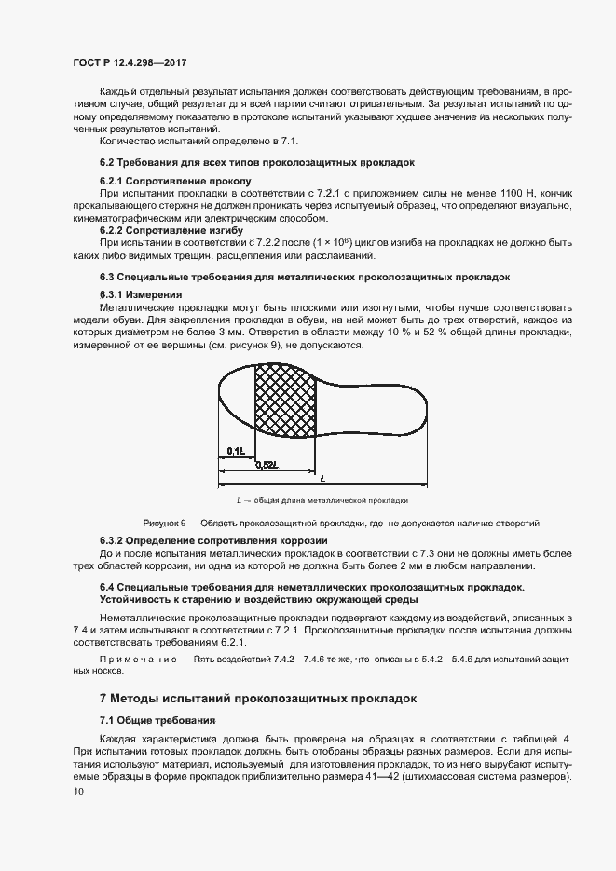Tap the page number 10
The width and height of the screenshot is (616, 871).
click(77, 791)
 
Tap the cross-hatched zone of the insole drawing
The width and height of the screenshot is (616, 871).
click(285, 397)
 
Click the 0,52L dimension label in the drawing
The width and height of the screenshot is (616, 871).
click(267, 464)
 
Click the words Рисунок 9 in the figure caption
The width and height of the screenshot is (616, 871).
click(164, 522)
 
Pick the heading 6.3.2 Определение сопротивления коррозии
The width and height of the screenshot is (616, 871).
click(212, 541)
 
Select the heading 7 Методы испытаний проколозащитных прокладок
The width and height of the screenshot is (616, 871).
click(257, 697)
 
